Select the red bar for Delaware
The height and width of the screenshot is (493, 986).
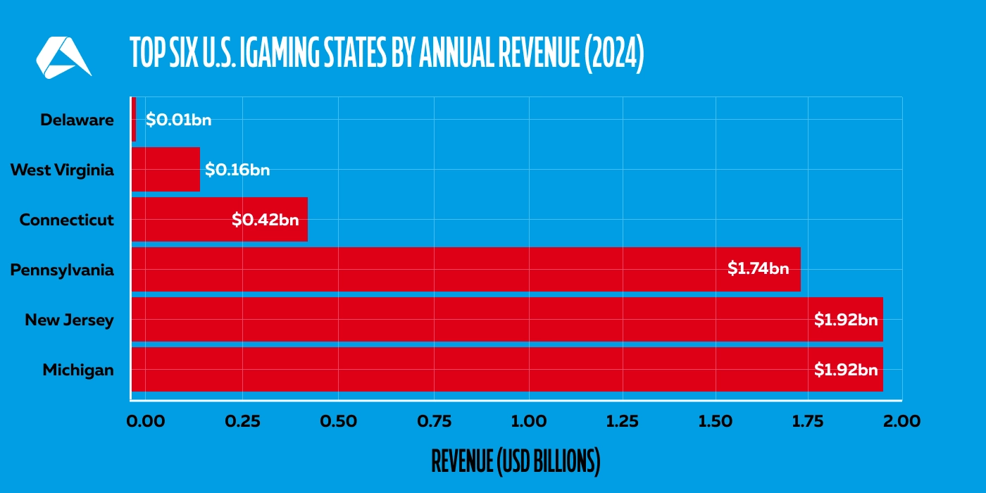point(134,119)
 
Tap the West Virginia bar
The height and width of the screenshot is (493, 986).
point(166,169)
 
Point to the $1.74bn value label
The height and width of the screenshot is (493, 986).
point(758,268)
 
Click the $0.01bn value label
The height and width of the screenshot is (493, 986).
point(178,120)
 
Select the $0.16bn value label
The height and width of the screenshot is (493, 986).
point(237,170)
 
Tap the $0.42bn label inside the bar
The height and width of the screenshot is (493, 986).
point(265,220)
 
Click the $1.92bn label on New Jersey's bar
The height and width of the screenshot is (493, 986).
point(845,319)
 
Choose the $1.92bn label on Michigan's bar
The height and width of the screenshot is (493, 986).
point(845,369)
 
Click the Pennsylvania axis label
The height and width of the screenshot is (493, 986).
point(62,270)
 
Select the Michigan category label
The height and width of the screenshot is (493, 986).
point(77,370)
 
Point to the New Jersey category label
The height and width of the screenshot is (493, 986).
point(69,320)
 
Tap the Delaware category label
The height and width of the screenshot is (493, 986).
point(77,120)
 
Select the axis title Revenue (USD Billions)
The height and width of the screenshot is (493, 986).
point(516,461)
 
